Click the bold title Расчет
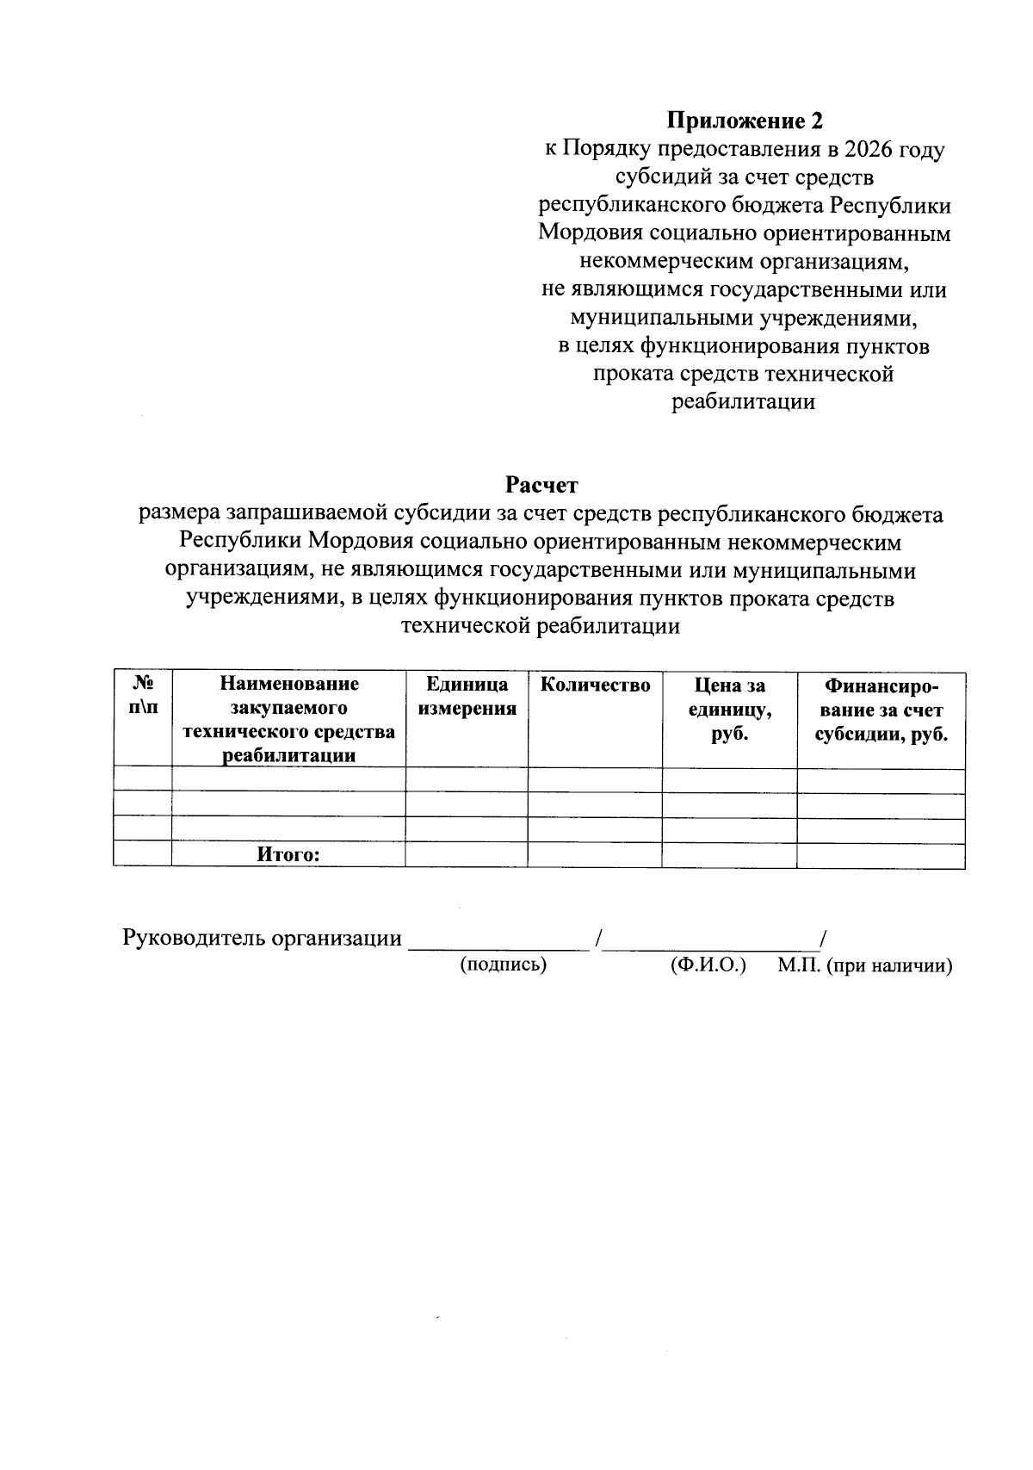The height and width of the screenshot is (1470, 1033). pyautogui.click(x=541, y=486)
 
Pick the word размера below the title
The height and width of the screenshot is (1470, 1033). pyautogui.click(x=179, y=514)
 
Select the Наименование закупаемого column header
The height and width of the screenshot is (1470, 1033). pyautogui.click(x=288, y=720)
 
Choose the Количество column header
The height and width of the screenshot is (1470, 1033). pyautogui.click(x=595, y=685)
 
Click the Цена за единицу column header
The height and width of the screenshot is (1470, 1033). pyautogui.click(x=729, y=710)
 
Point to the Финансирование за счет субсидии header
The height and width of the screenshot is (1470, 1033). pyautogui.click(x=881, y=710)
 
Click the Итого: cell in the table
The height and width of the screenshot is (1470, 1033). pyautogui.click(x=288, y=854)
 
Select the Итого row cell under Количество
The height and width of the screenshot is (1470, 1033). pyautogui.click(x=595, y=854)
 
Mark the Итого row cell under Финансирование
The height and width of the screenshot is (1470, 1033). pyautogui.click(x=881, y=854)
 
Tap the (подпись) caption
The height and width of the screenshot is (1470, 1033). pyautogui.click(x=504, y=964)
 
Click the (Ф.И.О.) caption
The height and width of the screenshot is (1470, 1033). pyautogui.click(x=708, y=964)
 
